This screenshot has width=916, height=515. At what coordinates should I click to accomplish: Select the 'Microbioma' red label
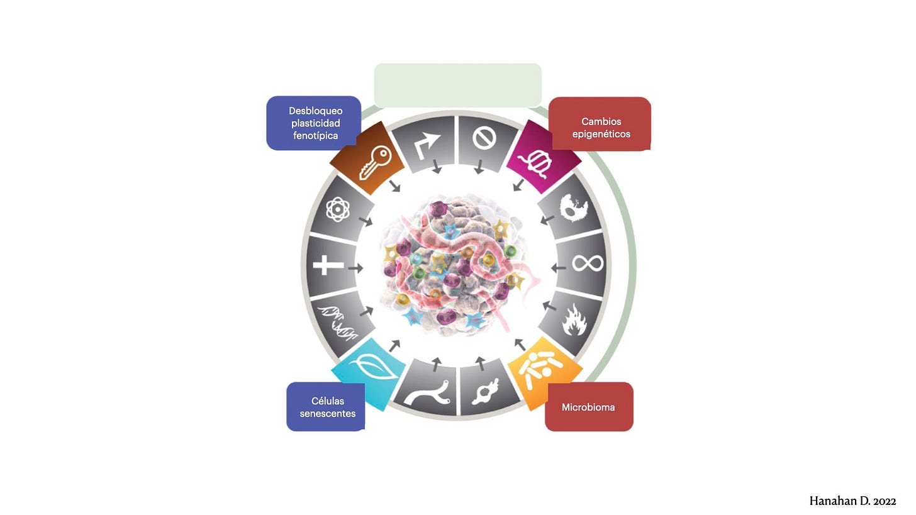tap(588, 407)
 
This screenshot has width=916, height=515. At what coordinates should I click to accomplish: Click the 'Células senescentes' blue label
tap(327, 407)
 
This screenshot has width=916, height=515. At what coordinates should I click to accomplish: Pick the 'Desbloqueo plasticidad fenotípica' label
tap(314, 123)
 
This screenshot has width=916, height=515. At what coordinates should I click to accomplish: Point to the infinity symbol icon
tap(588, 262)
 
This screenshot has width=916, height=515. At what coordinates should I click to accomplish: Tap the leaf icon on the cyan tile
tap(375, 368)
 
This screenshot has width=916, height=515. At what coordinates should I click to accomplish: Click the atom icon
tap(337, 209)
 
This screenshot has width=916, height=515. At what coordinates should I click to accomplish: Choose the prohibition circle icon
tap(484, 139)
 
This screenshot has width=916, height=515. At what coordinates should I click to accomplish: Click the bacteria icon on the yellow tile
tap(542, 368)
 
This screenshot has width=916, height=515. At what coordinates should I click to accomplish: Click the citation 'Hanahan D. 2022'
tap(852, 501)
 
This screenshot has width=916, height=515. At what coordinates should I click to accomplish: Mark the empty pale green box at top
tap(457, 85)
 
